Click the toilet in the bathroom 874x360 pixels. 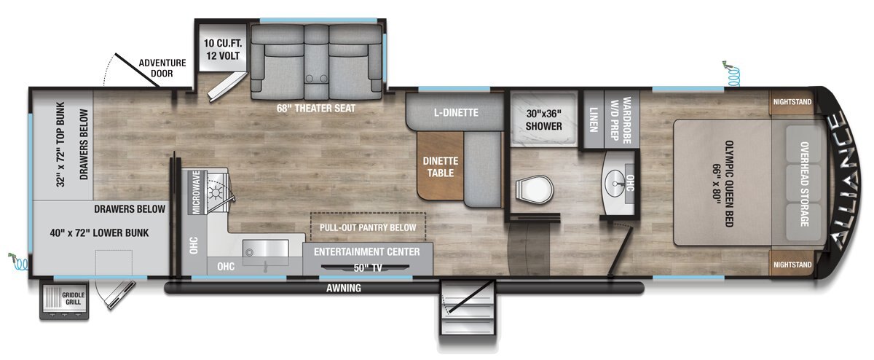point(534,189)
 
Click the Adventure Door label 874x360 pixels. point(162,68)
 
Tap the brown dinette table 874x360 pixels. point(441,165)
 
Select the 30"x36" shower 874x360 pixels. point(543,120)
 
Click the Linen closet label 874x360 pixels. point(594,120)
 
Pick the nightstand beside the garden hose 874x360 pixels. point(792,103)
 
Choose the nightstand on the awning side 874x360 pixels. point(792,264)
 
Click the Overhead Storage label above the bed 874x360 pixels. point(804,184)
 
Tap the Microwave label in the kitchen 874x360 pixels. point(196,192)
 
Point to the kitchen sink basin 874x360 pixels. point(265,249)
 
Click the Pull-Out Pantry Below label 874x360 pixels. point(368,227)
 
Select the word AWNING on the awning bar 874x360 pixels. point(343,288)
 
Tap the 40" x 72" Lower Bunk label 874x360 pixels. point(99,233)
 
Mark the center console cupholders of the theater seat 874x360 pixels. point(316,79)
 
